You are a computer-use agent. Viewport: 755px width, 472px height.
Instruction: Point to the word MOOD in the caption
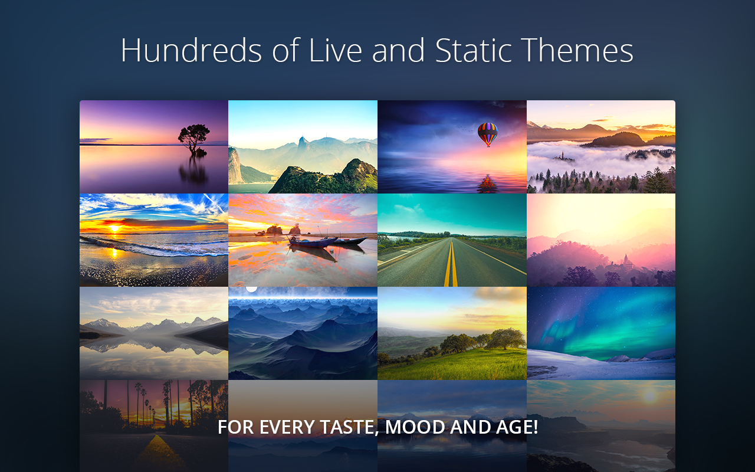click(415, 427)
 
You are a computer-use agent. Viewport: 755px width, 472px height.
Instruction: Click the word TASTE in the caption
click(342, 427)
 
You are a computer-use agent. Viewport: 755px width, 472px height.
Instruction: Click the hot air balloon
click(487, 134)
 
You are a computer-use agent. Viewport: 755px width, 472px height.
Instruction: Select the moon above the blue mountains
click(252, 289)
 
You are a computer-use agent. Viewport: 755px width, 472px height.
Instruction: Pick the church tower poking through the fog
click(563, 156)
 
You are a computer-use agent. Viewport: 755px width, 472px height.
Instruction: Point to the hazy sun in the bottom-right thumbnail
click(649, 395)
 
